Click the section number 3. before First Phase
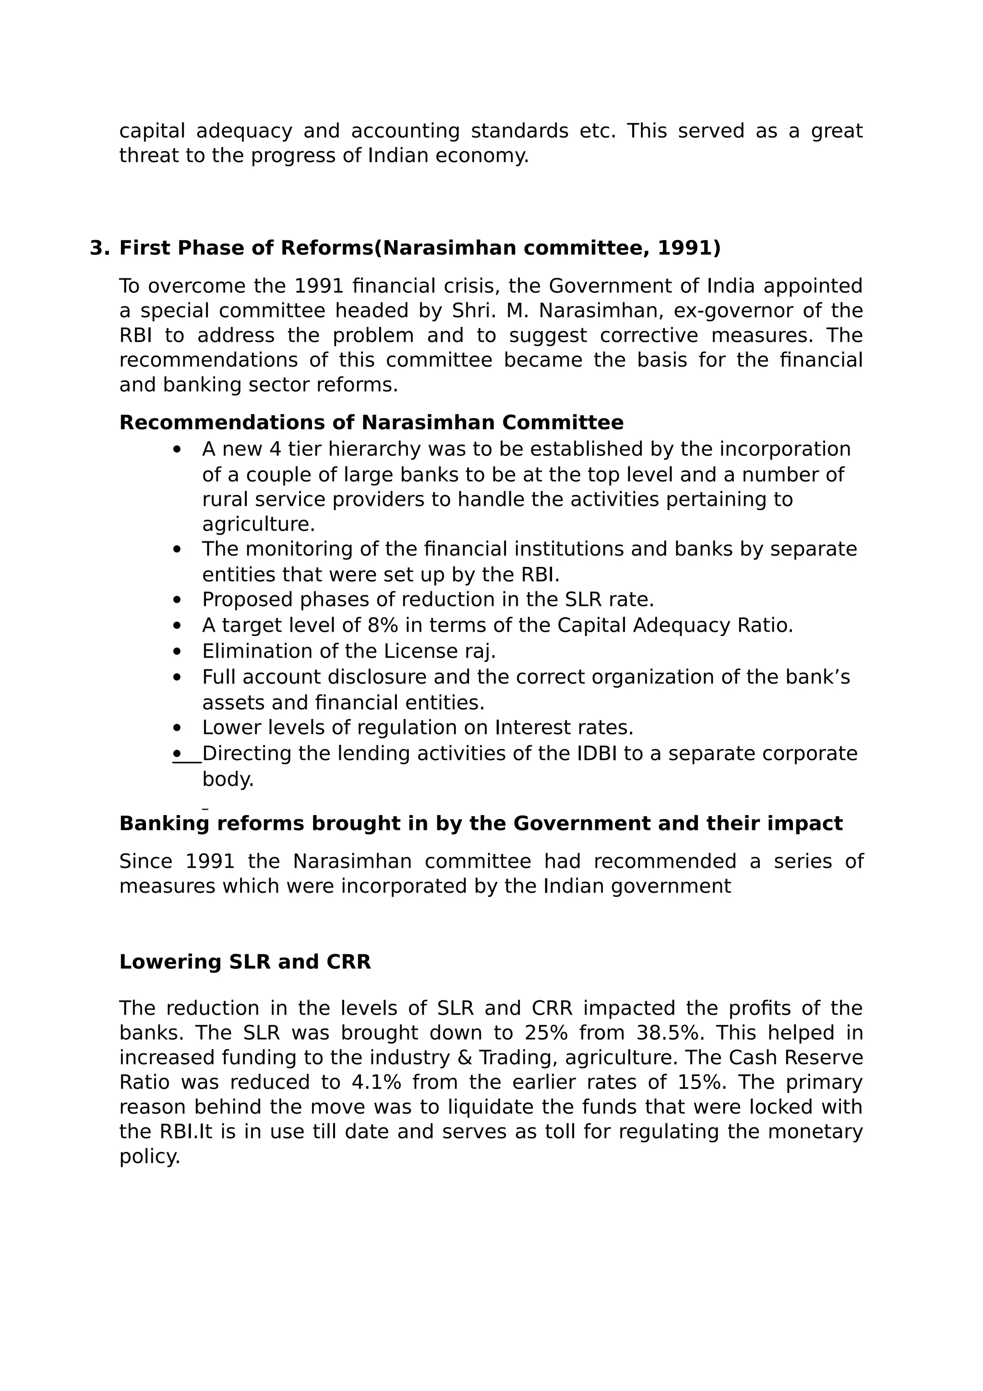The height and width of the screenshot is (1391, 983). [99, 249]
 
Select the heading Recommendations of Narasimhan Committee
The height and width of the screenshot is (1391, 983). [372, 422]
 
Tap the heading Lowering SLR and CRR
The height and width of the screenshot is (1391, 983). [245, 961]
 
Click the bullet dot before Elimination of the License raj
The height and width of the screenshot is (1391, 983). [177, 651]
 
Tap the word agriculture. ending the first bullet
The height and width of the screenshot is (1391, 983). [259, 524]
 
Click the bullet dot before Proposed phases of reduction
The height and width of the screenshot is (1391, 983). [177, 600]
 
